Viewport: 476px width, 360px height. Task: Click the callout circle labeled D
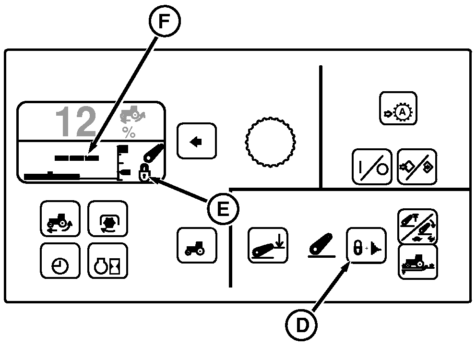[x=302, y=325]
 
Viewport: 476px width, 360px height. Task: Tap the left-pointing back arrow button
[x=196, y=141]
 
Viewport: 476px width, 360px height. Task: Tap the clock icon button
[x=60, y=261]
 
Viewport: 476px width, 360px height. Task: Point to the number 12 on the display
[x=76, y=122]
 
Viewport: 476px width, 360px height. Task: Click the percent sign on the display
[x=129, y=132]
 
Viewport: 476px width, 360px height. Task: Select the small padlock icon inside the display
[x=143, y=172]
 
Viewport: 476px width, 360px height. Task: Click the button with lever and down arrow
[x=268, y=245]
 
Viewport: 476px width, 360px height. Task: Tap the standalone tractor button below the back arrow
[x=197, y=245]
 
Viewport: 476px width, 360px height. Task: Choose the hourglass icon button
[x=107, y=261]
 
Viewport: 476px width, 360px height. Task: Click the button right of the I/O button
[x=417, y=167]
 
